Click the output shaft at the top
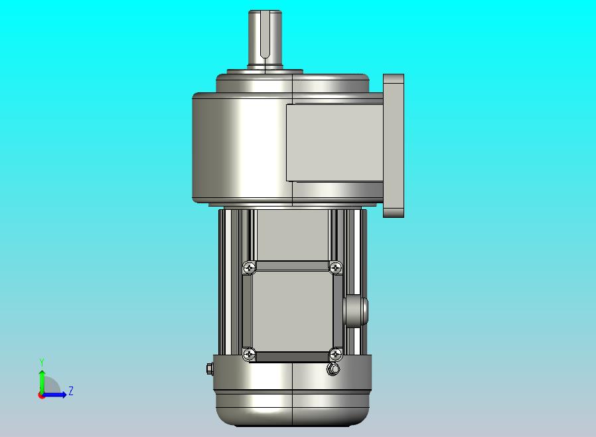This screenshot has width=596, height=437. tap(265, 40)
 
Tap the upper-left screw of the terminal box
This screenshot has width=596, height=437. tap(250, 268)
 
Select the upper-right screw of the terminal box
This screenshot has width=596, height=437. tap(336, 268)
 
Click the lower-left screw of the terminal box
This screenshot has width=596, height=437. tap(250, 355)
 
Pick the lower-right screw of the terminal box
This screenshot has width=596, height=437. tap(336, 355)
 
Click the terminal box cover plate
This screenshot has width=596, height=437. tap(292, 311)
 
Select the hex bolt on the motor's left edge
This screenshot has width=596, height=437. tap(210, 369)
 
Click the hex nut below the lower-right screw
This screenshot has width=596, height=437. tap(333, 369)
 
